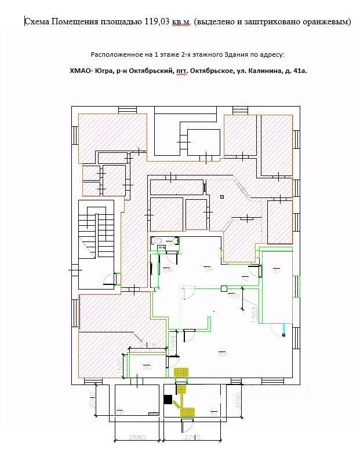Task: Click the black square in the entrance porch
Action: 168,399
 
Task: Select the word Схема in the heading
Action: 37,22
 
